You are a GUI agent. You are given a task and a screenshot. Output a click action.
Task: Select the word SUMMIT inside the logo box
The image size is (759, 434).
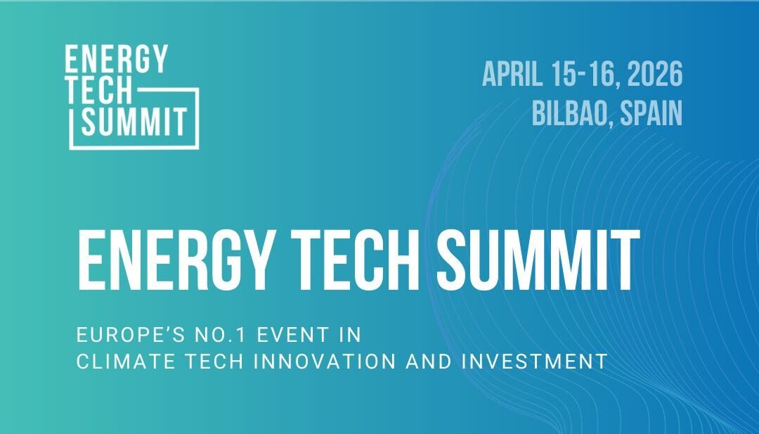click(x=134, y=122)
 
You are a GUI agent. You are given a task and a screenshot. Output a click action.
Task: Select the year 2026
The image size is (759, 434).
click(x=655, y=74)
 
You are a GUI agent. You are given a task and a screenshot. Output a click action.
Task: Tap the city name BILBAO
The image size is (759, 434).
click(x=571, y=113)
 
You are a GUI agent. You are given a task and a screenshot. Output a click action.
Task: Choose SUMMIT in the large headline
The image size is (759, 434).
click(x=538, y=257)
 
